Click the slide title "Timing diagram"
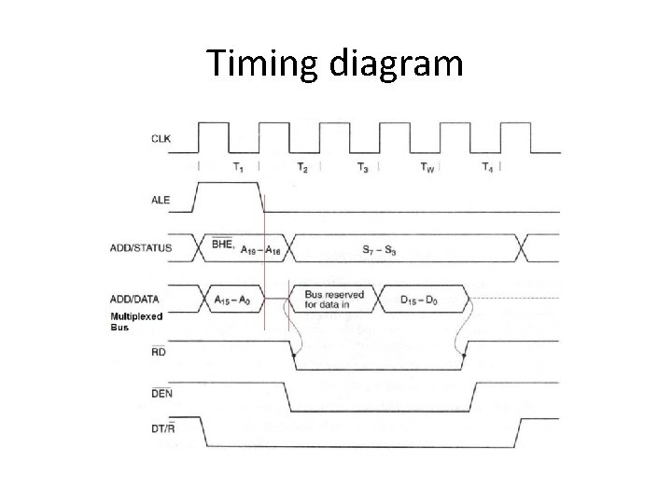click(335, 63)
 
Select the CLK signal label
click(161, 139)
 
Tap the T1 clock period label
click(239, 167)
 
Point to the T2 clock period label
click(302, 167)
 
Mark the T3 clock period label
click(363, 167)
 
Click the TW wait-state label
click(427, 167)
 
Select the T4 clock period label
click(487, 167)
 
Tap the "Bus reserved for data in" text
click(333, 300)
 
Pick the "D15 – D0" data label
click(420, 300)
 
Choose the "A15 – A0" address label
click(232, 300)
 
